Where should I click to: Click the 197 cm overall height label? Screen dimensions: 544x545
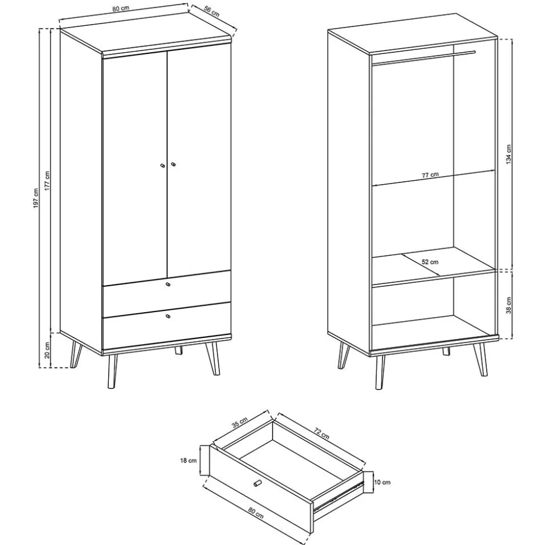[36, 198]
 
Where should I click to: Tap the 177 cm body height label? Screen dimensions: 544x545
[47, 180]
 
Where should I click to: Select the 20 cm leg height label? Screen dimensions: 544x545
[47, 350]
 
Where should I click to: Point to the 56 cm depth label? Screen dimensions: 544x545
[211, 11]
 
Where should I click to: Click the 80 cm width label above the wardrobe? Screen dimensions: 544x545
[121, 8]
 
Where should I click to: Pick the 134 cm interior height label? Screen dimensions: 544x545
[509, 154]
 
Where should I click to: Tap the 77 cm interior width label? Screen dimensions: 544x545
[430, 175]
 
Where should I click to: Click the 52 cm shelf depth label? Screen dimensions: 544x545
[430, 262]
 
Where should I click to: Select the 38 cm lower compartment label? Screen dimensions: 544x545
[509, 305]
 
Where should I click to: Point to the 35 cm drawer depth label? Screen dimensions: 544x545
[239, 422]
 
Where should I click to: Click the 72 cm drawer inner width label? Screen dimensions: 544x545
[321, 433]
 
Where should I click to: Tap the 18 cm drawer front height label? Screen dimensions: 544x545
[188, 461]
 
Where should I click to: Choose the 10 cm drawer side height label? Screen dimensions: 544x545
[382, 482]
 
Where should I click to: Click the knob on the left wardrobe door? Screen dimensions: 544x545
[162, 166]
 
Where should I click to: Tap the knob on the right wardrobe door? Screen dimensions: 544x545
[173, 164]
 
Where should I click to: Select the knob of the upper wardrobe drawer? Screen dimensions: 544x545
[168, 285]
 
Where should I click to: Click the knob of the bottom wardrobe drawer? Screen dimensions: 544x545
[168, 317]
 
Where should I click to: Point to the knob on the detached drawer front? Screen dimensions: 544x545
[257, 483]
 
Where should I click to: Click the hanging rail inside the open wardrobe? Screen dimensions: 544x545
[423, 58]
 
